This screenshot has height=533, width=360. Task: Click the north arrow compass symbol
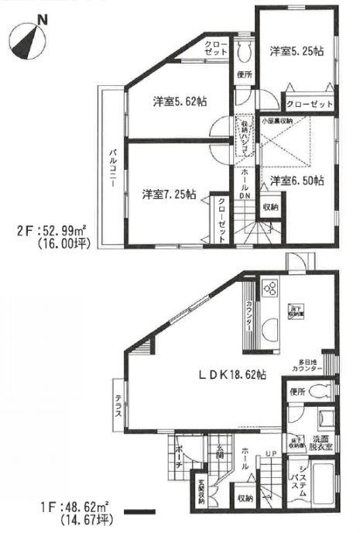point(29,40)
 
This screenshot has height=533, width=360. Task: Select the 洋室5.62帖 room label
point(179,101)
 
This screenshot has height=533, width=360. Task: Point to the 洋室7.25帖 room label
point(168,194)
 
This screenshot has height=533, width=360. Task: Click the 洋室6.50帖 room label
point(297,181)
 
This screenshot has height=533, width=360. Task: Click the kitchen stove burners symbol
point(273,290)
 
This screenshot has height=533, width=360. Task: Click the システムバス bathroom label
point(302,482)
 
